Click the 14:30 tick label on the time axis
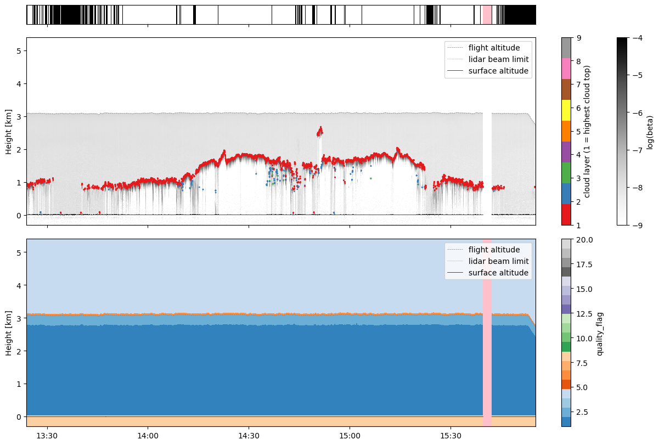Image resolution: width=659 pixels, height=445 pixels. pyautogui.click(x=249, y=436)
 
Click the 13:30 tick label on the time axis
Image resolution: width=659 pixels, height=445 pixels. pyautogui.click(x=47, y=436)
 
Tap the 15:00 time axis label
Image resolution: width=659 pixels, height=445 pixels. pyautogui.click(x=350, y=436)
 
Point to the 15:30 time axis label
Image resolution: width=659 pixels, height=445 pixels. pyautogui.click(x=450, y=436)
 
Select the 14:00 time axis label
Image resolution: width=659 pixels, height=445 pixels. pyautogui.click(x=148, y=436)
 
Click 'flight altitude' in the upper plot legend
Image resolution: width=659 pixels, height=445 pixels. pyautogui.click(x=494, y=48)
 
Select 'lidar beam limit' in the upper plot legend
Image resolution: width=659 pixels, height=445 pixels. pyautogui.click(x=498, y=59)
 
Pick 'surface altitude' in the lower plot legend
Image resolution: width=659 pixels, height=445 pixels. pyautogui.click(x=498, y=273)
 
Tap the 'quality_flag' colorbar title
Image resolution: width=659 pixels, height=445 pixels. pyautogui.click(x=600, y=334)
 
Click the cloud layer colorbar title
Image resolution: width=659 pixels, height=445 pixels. pyautogui.click(x=587, y=132)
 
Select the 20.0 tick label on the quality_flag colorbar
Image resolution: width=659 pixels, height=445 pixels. pyautogui.click(x=584, y=240)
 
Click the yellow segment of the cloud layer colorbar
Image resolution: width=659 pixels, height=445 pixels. pyautogui.click(x=566, y=110)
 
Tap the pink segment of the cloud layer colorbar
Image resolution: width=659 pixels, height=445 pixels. pyautogui.click(x=566, y=69)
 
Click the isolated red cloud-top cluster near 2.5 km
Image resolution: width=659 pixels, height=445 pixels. pyautogui.click(x=319, y=131)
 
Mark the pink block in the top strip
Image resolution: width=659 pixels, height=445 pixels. pyautogui.click(x=487, y=15)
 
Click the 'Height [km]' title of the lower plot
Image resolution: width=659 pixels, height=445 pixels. pyautogui.click(x=9, y=333)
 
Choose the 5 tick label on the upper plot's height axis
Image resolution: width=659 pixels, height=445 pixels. pyautogui.click(x=19, y=51)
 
